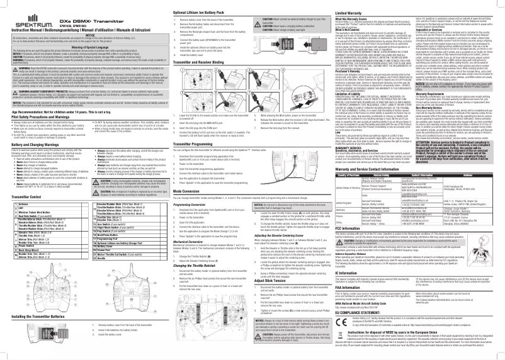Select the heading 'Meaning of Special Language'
point(84,47)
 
